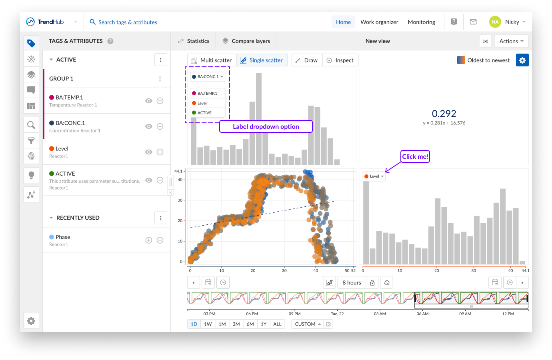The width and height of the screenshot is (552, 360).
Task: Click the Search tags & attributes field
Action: click(128, 22)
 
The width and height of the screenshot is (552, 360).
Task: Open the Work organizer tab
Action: click(379, 22)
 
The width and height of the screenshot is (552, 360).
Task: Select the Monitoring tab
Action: click(421, 22)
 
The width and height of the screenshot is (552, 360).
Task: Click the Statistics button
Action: click(194, 41)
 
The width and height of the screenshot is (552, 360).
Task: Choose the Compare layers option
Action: click(246, 41)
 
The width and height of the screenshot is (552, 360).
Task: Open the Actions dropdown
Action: click(511, 41)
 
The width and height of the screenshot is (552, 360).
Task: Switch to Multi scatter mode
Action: click(212, 60)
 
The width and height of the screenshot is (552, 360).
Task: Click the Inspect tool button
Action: click(340, 60)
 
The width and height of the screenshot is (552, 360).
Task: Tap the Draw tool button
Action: click(306, 60)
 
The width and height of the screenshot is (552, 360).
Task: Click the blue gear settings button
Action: click(522, 60)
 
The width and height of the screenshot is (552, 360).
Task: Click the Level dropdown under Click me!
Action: click(374, 176)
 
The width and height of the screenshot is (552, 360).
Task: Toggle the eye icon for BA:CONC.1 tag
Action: click(149, 126)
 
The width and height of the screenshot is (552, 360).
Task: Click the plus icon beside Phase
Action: click(149, 240)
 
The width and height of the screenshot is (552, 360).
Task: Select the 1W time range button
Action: click(208, 324)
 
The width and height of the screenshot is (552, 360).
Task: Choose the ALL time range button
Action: click(277, 324)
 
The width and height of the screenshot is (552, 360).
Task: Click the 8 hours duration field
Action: click(352, 283)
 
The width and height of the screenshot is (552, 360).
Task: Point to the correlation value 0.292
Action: click(444, 114)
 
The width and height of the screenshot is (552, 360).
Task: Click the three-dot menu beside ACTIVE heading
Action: click(161, 60)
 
